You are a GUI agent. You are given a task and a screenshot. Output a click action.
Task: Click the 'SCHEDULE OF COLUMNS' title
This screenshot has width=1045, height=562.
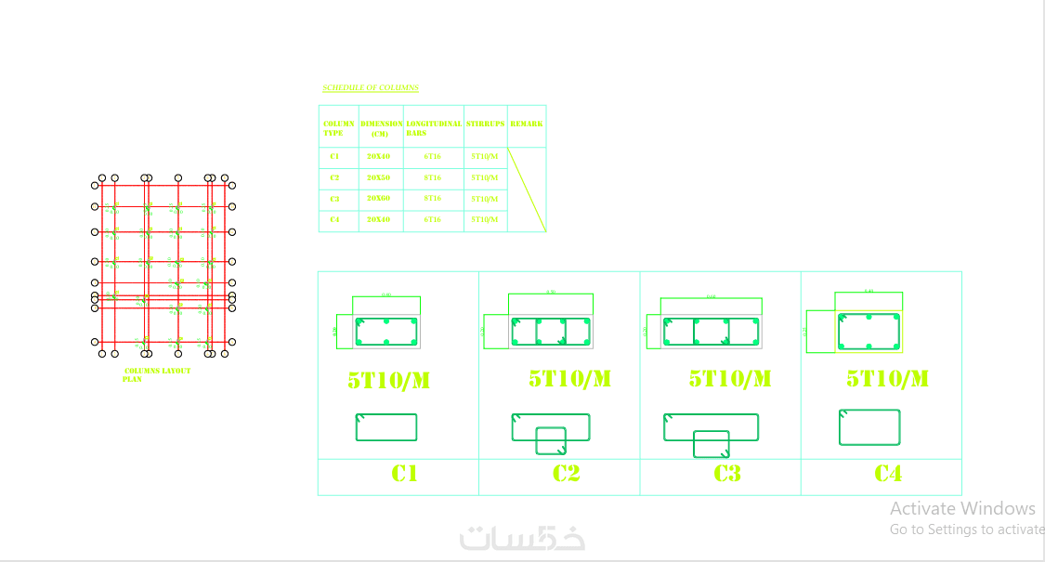click(370, 88)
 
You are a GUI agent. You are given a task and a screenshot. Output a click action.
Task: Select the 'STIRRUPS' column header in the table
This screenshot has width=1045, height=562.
click(486, 124)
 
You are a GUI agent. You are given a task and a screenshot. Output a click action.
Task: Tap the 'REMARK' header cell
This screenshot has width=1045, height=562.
click(527, 124)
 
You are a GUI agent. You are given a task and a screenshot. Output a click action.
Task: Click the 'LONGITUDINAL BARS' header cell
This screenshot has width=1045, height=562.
click(434, 127)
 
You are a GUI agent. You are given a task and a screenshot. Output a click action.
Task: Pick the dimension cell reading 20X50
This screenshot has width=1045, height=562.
click(378, 177)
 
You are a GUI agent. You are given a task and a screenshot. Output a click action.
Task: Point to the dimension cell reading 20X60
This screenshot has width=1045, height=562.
click(378, 199)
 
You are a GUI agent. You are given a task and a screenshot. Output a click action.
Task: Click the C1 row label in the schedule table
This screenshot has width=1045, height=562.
click(334, 157)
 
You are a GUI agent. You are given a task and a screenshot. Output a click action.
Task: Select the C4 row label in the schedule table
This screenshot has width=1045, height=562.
click(334, 220)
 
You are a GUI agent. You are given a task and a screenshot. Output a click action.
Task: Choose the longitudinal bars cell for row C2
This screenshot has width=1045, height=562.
click(432, 177)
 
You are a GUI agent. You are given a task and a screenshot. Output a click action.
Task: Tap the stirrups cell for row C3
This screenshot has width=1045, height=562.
click(484, 199)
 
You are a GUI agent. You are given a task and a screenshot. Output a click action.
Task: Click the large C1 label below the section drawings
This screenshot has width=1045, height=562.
click(404, 474)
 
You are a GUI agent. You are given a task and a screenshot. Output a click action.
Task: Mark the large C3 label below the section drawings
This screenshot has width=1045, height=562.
click(727, 474)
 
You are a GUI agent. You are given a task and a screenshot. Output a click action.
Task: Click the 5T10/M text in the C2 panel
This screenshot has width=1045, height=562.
click(569, 379)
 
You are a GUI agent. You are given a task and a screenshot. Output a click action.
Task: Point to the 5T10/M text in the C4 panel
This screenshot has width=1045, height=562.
click(887, 379)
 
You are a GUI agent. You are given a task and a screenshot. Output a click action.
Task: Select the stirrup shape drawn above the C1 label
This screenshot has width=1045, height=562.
click(386, 427)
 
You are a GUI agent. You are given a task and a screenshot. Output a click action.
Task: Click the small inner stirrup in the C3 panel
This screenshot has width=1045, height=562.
click(712, 444)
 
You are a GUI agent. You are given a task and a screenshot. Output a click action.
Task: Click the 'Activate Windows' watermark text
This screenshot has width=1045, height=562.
click(962, 508)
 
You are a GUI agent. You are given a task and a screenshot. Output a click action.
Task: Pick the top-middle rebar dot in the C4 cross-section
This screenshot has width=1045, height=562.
click(869, 317)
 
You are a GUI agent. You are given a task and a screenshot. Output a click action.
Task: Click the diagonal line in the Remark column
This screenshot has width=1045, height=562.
click(527, 190)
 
